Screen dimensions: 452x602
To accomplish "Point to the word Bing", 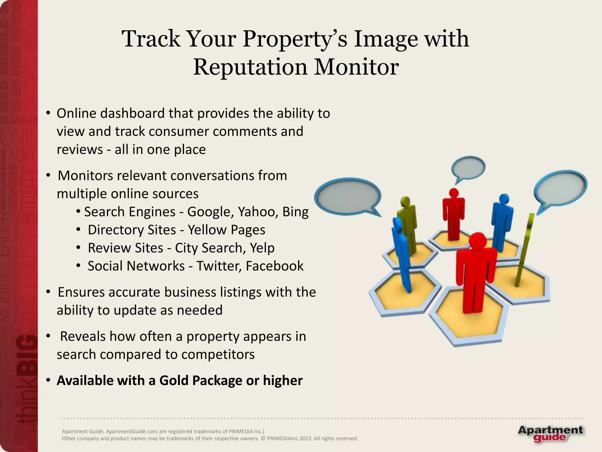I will point(295,212).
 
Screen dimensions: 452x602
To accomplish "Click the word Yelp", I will point(262,248).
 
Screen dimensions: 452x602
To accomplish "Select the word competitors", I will point(218,354).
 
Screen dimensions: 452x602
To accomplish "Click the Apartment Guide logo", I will point(550,434).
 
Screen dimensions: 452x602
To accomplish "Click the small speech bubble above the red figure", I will point(468,168).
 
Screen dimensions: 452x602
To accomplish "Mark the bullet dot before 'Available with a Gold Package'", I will point(49,380).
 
